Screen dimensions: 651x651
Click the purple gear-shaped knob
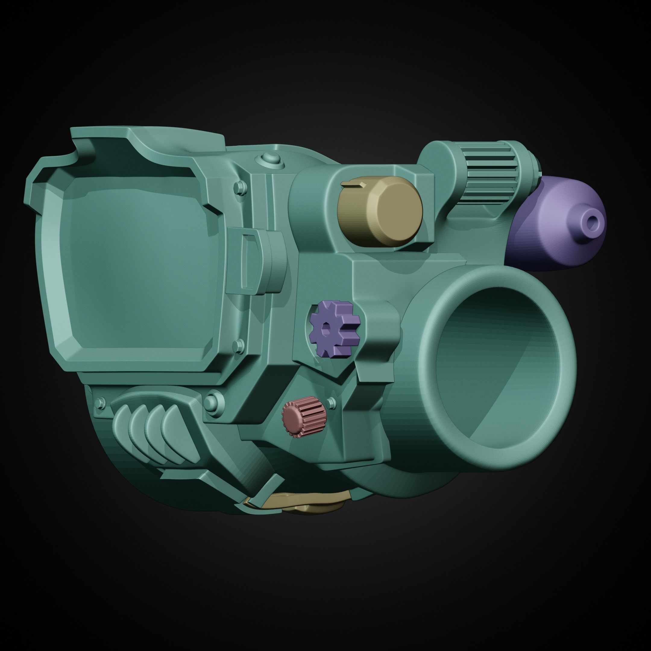(334, 329)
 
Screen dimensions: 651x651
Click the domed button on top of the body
(271, 158)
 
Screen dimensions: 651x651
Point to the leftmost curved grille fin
(123, 426)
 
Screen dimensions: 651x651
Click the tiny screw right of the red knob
(332, 401)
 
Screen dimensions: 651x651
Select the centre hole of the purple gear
(326, 329)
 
